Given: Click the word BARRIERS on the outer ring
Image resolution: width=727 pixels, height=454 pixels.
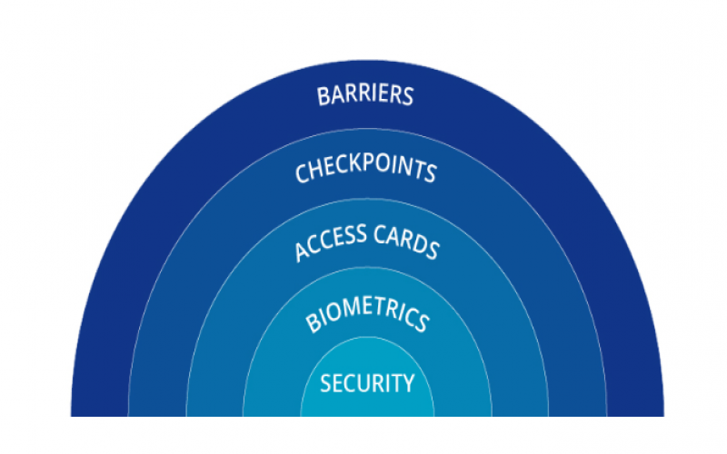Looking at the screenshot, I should [365, 95].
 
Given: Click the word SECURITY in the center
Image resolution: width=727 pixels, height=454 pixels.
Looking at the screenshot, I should [366, 383].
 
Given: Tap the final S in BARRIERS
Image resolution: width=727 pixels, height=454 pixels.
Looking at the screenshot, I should [408, 96].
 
